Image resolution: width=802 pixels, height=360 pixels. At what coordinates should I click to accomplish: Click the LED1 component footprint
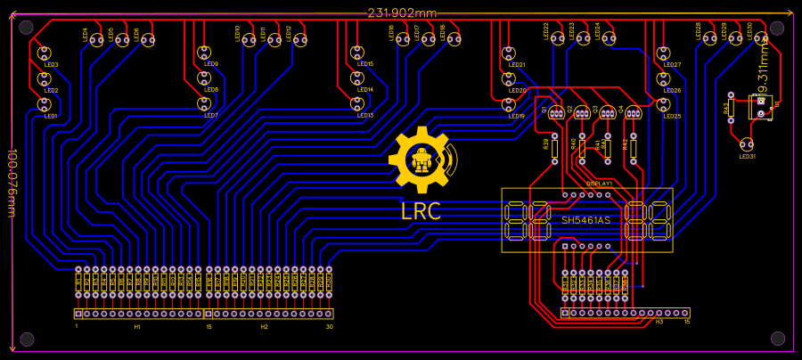45,104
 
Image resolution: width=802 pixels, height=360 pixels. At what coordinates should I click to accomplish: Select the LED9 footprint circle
204,53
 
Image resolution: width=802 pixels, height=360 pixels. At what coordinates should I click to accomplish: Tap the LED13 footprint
357,104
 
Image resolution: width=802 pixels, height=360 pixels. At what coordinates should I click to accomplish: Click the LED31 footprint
746,144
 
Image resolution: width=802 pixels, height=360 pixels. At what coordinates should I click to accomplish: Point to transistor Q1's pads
556,113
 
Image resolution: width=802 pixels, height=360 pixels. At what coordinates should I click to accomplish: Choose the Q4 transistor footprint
633,113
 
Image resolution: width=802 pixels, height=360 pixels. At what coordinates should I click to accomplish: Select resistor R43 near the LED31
731,109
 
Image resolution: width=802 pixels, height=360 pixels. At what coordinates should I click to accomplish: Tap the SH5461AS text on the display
585,220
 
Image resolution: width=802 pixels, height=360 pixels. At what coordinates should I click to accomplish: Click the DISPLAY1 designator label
599,183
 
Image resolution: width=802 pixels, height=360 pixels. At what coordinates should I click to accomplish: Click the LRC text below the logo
421,212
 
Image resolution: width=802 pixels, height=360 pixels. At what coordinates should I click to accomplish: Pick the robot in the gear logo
421,160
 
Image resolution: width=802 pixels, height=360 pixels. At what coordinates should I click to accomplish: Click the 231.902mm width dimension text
402,12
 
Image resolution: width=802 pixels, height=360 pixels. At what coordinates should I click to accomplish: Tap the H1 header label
137,327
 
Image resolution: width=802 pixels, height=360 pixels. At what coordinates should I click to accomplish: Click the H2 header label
264,327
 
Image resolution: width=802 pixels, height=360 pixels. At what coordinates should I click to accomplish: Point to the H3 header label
659,322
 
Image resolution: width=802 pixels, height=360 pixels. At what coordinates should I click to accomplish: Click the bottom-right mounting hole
777,339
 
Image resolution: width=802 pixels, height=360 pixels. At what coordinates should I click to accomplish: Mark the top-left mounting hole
27,28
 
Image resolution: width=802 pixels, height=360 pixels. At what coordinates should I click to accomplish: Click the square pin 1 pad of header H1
78,314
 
